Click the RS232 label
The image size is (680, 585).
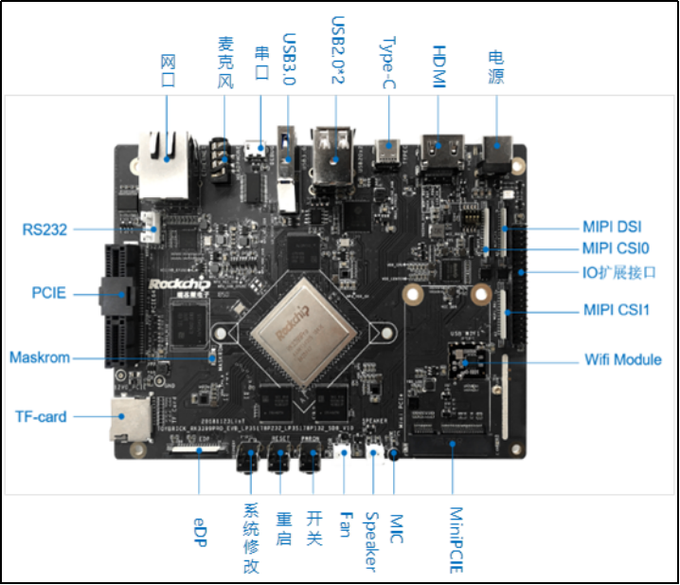coord(45,229)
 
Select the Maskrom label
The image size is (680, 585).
coord(40,357)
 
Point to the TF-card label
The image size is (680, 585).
coord(42,416)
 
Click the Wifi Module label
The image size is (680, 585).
coord(623,359)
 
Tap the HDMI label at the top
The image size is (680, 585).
coord(438,68)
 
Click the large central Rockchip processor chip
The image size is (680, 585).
coord(302,327)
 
